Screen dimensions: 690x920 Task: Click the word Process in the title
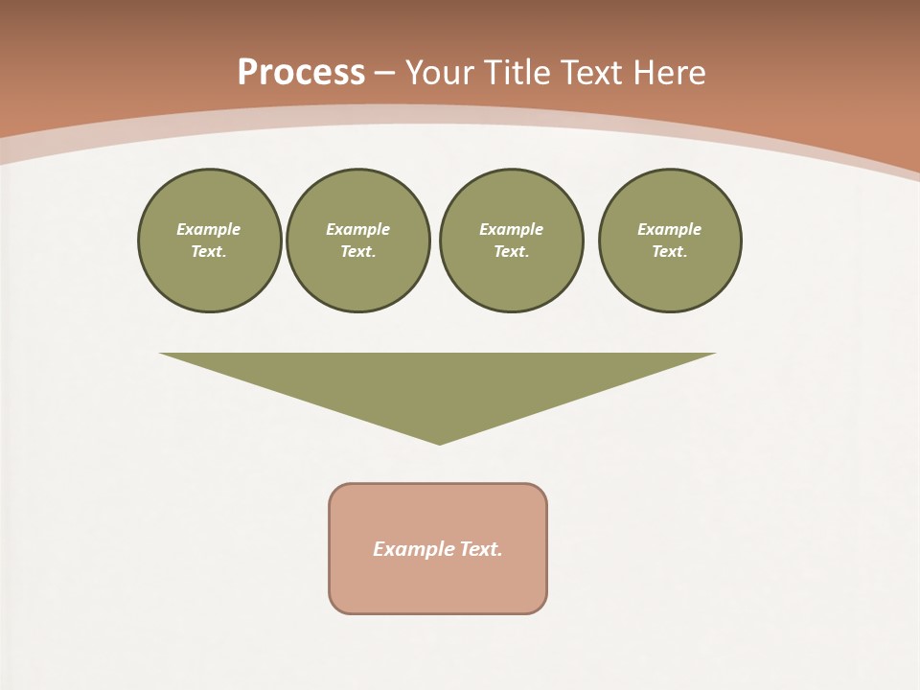pos(301,73)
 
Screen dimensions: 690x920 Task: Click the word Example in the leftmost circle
pos(209,229)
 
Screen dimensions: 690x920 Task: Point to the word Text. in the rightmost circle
pos(669,251)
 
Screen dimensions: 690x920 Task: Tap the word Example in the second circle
pos(357,229)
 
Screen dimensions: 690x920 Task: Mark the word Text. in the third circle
pos(511,251)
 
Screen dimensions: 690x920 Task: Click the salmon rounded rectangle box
pos(438,585)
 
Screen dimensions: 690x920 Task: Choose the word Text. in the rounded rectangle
pos(481,549)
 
